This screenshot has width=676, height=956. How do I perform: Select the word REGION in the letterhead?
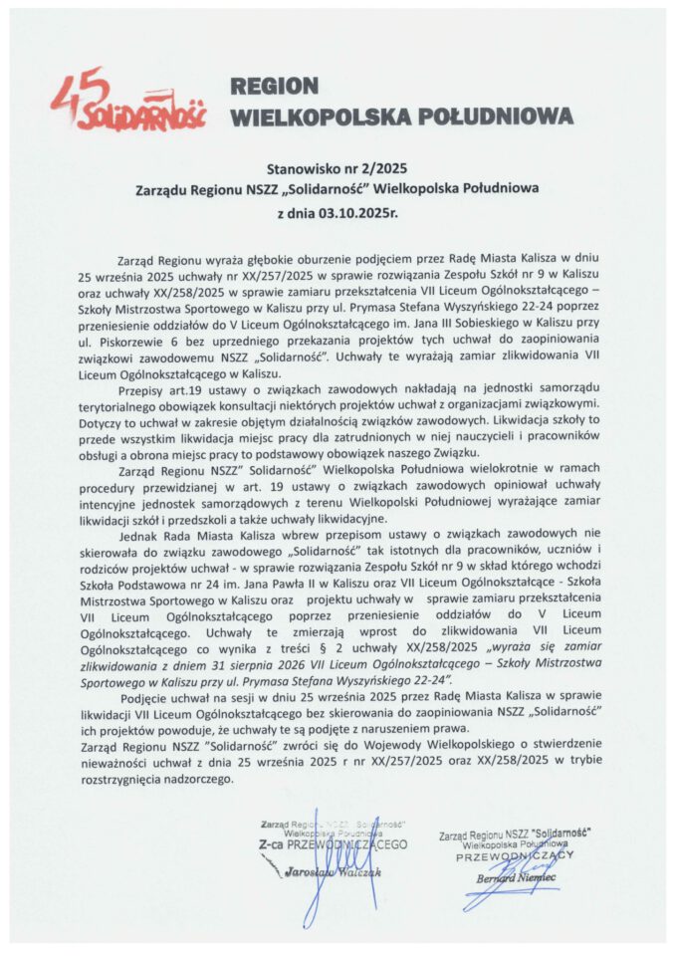(274, 87)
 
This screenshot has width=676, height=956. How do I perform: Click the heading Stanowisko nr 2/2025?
(337, 169)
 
